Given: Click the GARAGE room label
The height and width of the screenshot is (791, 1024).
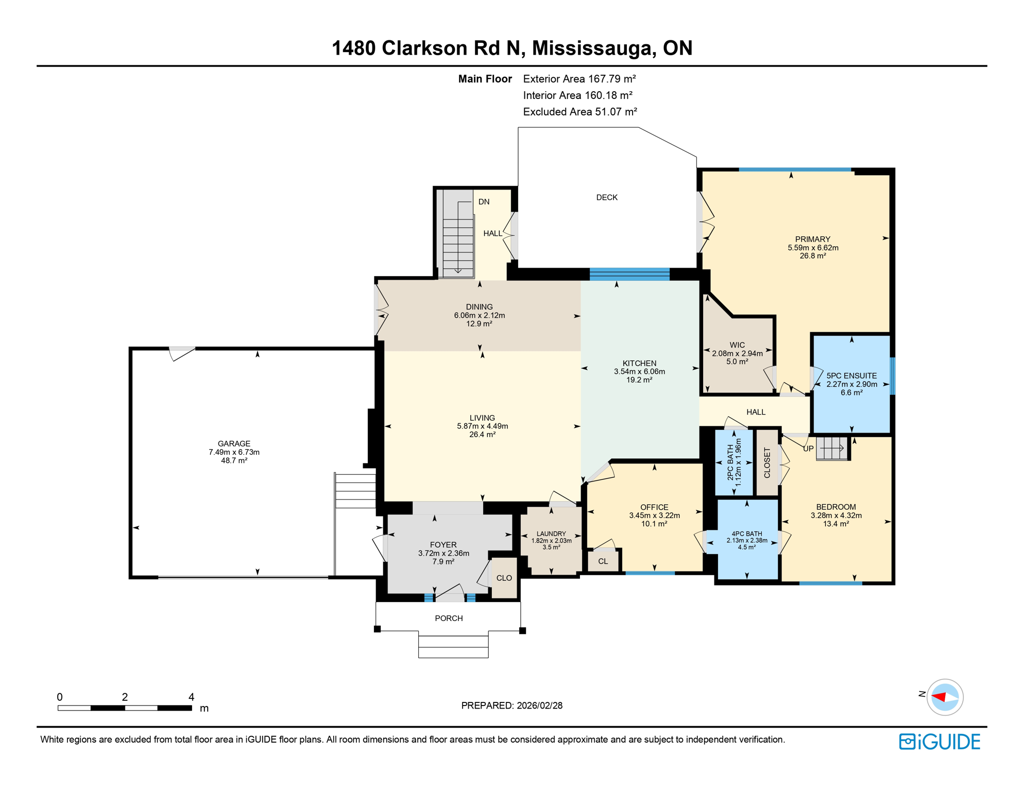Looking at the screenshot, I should pos(234,443).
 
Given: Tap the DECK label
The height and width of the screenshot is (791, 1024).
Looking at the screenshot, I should pos(606,197).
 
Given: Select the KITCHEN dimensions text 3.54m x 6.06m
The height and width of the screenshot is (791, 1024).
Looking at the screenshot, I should pos(639,371).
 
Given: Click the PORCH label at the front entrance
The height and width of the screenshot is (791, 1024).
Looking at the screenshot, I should pos(449,618).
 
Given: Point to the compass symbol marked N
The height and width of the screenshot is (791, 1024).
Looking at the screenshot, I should pos(944,697).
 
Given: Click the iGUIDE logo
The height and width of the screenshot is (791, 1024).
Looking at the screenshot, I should pos(940,742).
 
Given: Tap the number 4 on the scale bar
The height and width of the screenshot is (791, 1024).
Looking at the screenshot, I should pos(191,697).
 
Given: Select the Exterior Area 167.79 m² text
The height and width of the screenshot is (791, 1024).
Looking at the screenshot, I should pos(579,79).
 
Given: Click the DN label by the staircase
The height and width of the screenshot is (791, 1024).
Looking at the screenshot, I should pos(484,202).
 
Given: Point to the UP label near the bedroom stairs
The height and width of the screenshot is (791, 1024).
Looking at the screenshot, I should pos(808,449).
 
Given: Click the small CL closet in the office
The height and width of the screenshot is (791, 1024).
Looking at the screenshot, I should pos(603,561).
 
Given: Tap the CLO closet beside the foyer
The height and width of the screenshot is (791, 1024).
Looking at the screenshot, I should pos(504,578).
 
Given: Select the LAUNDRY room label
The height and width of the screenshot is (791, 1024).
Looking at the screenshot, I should pos(551,534).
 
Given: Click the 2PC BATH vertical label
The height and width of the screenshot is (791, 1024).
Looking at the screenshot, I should pos(730,462).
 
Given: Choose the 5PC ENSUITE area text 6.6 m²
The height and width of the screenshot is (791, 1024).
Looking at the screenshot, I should pos(851,392).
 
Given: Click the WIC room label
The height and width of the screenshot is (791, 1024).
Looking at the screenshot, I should pos(737,345).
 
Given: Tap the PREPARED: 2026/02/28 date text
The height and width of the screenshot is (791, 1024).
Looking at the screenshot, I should pos(511,706).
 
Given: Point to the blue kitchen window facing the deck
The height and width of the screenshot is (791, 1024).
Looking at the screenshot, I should pos(629,274).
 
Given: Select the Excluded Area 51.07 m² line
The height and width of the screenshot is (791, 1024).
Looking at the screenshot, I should pos(579,112).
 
